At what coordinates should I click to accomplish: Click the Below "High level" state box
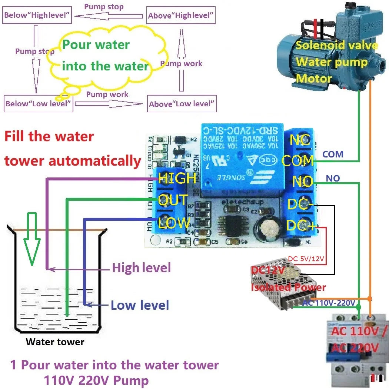coord(37,16)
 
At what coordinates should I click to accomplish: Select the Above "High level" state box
coord(181,16)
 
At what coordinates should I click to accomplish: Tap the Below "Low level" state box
coord(38,104)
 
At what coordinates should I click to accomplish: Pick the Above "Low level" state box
coord(182,104)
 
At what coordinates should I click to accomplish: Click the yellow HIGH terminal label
coord(177,178)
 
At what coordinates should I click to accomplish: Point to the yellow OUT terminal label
coord(173,200)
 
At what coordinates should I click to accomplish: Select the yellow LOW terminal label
coord(174,223)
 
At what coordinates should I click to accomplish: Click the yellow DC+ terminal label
coord(301,225)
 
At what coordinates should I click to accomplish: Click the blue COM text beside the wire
coord(333,154)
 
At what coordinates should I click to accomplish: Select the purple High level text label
coord(141,267)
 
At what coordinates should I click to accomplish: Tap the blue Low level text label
coord(140,305)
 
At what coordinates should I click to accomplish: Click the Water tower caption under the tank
coord(55,342)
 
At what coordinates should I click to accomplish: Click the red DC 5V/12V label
coord(306,259)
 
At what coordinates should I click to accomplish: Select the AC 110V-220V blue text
coord(329,303)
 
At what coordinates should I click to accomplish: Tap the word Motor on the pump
coord(313,79)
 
